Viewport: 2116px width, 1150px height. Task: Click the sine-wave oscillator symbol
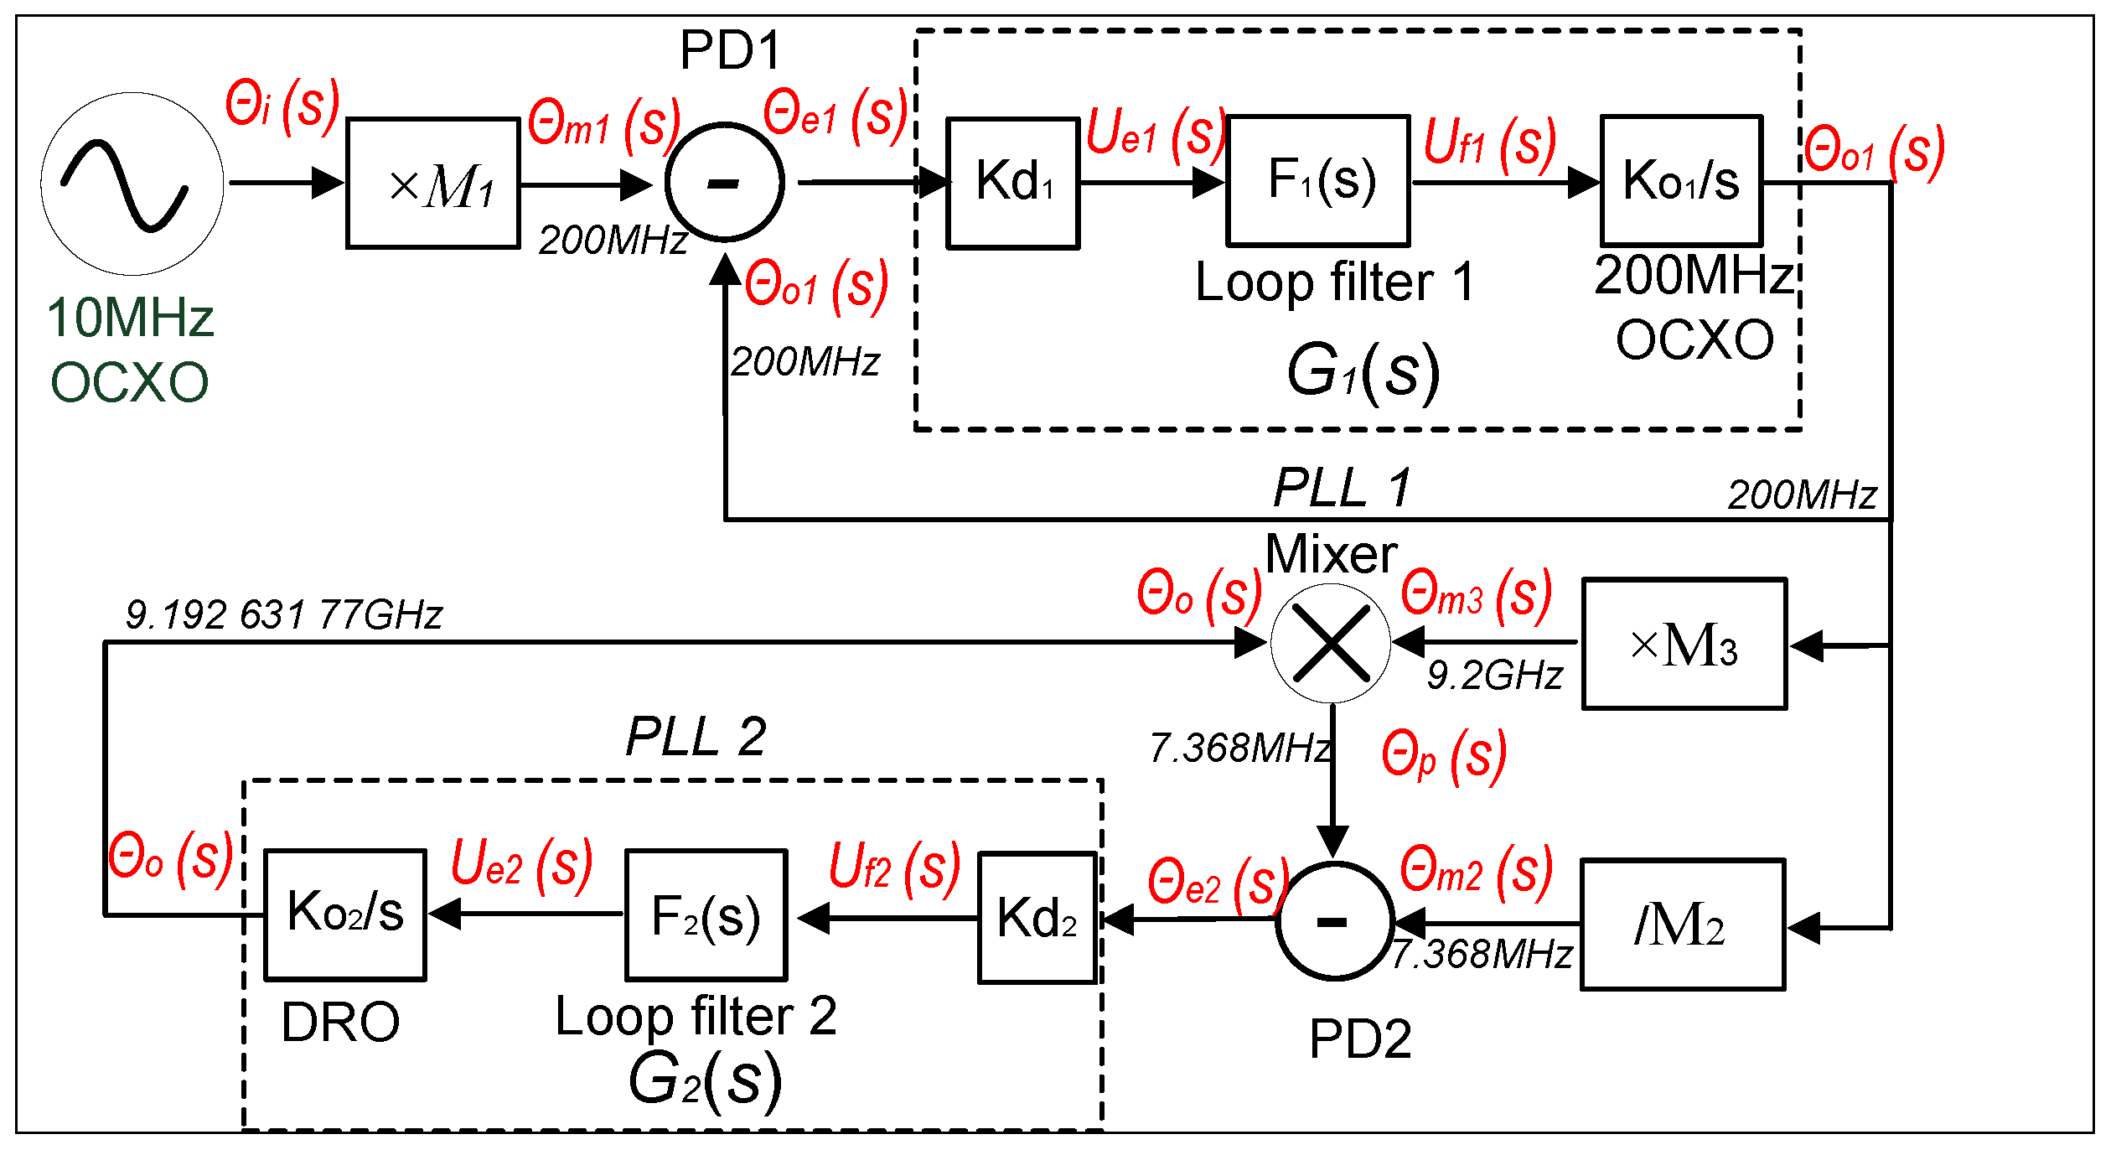point(132,184)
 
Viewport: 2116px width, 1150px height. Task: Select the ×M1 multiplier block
point(433,184)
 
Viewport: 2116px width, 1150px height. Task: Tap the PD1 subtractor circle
point(725,182)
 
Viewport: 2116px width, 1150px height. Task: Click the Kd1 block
point(1012,183)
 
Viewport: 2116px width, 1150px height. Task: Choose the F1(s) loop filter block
point(1318,180)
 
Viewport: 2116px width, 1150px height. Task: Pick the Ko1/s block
point(1681,180)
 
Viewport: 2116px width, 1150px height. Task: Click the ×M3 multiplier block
point(1684,644)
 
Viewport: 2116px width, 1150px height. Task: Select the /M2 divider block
point(1682,925)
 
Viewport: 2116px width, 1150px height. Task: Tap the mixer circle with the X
point(1331,643)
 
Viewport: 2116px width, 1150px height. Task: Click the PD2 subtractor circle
point(1334,920)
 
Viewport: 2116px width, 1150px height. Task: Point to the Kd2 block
point(1037,918)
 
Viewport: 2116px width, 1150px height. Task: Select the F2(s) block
point(706,915)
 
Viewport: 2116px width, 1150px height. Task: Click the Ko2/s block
point(345,914)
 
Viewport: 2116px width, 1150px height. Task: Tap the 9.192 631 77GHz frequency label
point(283,615)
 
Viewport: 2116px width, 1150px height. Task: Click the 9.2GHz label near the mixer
point(1495,676)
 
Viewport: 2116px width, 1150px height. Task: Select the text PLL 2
point(696,737)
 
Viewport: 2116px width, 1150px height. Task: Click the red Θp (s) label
point(1443,756)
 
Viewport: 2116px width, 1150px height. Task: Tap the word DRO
point(340,1023)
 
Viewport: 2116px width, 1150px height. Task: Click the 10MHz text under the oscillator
point(131,319)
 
